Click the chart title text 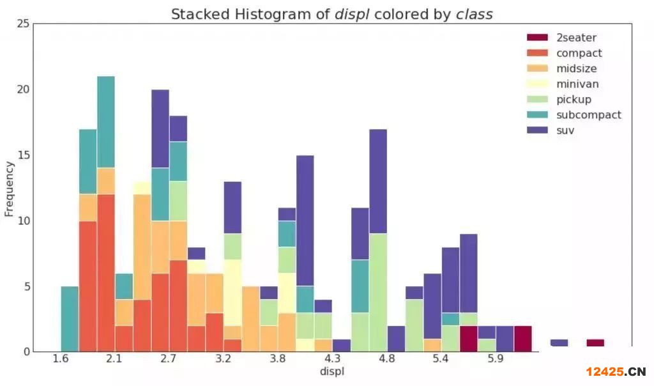point(331,14)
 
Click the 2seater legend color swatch point(538,38)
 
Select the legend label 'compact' point(579,53)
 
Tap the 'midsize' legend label point(577,68)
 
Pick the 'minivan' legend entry point(577,84)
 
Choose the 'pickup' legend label point(574,99)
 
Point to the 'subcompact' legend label point(588,115)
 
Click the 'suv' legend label point(565,130)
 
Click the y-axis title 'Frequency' point(10,189)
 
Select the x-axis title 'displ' point(331,371)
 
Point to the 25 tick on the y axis point(23,24)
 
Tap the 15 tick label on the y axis point(23,155)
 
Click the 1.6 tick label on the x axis point(61,359)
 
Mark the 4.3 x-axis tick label point(332,359)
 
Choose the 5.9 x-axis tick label point(495,359)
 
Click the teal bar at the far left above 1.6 point(70,318)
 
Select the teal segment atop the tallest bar point(106,122)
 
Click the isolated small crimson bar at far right point(595,343)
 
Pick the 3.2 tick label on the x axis point(224,359)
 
